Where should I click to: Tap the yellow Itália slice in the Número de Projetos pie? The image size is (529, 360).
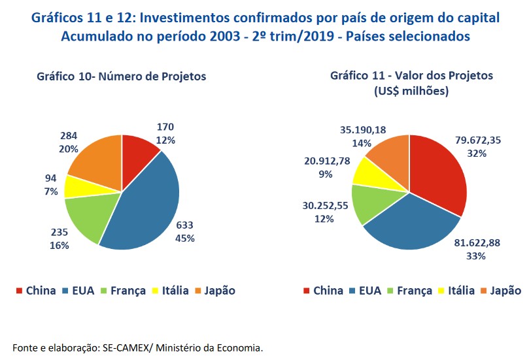[77, 186]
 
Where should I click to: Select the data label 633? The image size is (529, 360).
[184, 225]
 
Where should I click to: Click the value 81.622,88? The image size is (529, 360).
[476, 243]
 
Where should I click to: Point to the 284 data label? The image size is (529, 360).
[68, 136]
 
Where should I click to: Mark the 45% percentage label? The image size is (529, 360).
[184, 238]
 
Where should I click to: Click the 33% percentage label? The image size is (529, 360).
[476, 256]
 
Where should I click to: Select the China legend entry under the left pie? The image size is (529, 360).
[35, 291]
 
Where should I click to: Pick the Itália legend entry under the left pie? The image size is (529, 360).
[173, 291]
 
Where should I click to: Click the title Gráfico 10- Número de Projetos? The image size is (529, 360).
[121, 76]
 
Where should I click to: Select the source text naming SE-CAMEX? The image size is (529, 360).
[138, 347]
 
